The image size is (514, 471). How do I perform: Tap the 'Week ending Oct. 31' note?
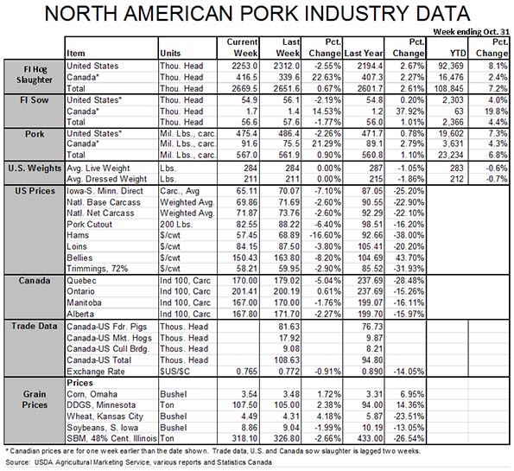471,32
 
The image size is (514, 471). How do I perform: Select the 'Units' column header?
170,53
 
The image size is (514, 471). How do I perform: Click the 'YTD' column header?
458,53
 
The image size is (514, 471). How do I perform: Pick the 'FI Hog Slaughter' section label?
35,74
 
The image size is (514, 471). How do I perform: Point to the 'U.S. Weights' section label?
35,169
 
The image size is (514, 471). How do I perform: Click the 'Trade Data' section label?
35,326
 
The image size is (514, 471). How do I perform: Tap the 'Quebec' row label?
81,280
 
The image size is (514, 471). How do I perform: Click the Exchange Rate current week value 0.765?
246,372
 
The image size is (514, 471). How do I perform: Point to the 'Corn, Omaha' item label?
92,394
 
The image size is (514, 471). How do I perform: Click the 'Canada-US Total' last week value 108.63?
287,360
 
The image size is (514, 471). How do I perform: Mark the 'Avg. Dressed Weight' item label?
107,179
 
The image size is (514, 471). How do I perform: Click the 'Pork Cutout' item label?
90,225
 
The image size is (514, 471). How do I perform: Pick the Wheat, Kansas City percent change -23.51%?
409,417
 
